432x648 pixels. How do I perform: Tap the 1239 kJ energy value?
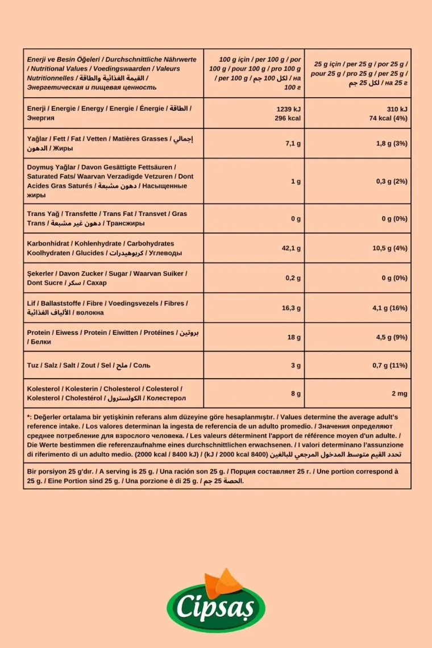tap(288, 109)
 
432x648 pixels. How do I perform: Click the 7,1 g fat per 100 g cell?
tap(293, 144)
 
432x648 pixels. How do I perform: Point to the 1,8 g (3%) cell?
tap(392, 144)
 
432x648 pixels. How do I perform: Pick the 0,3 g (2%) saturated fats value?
tap(392, 181)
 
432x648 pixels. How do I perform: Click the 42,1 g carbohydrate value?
tap(291, 248)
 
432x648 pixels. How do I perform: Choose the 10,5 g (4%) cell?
tap(390, 248)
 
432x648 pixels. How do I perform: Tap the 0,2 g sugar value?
tap(293, 278)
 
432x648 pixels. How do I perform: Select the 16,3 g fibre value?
tap(291, 308)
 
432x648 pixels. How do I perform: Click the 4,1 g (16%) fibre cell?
tap(390, 308)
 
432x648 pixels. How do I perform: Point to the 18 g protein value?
tap(294, 338)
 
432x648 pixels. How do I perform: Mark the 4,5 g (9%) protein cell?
tap(392, 338)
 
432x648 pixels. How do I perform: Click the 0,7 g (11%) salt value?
tap(390, 365)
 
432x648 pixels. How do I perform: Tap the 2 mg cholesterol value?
tap(400, 393)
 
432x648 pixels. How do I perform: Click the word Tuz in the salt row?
tap(33, 365)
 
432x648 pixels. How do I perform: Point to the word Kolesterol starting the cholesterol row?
tap(43, 389)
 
